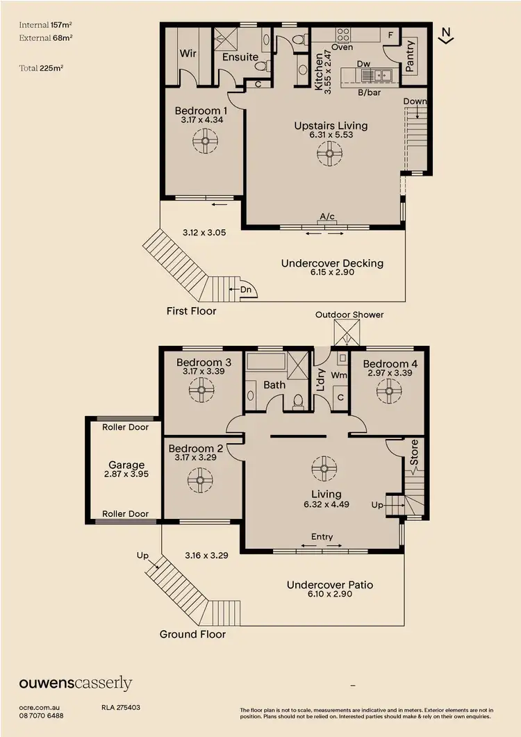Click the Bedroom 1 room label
click(201, 111)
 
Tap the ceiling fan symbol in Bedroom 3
click(202, 390)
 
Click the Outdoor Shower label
click(349, 315)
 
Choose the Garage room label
click(126, 465)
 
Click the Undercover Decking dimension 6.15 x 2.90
click(332, 274)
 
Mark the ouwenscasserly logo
click(75, 684)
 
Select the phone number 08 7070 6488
click(42, 715)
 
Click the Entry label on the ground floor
click(322, 536)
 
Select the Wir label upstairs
click(188, 53)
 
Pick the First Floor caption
click(191, 311)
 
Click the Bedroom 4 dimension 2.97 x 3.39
click(386, 373)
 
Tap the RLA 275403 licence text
click(121, 708)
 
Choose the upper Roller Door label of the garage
click(125, 427)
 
